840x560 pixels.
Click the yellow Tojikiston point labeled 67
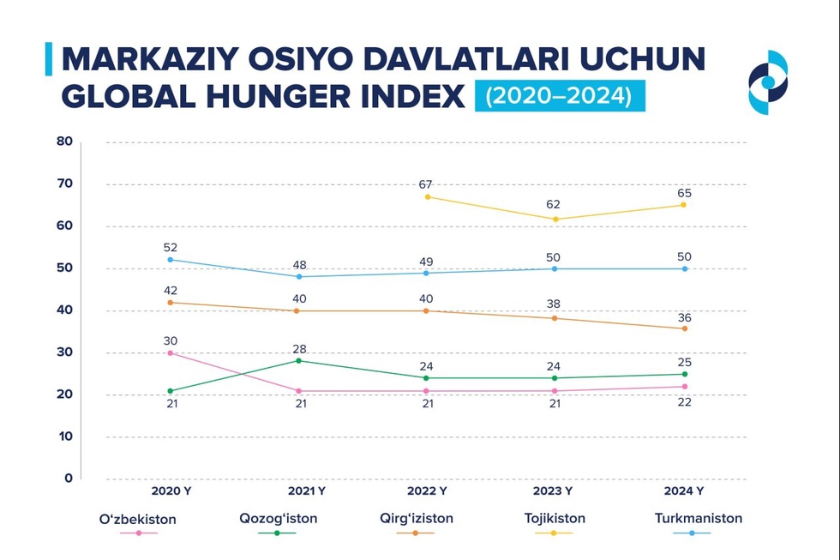[x=427, y=197]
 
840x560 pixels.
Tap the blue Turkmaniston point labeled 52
[x=170, y=259]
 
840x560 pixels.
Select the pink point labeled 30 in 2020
[x=170, y=352]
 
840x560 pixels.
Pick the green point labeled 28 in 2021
[x=298, y=360]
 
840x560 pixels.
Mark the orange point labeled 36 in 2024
[x=684, y=328]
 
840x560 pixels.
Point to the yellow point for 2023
[x=555, y=219]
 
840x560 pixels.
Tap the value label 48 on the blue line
[x=298, y=265]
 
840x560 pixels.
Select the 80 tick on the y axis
[x=64, y=142]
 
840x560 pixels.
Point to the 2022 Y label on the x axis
[x=427, y=491]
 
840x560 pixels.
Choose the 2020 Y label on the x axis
[x=170, y=491]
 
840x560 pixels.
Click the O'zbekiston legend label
[x=138, y=519]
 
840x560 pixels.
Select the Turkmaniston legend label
[x=698, y=518]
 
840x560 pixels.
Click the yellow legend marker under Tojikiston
[x=554, y=533]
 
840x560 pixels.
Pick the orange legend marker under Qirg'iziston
[x=416, y=533]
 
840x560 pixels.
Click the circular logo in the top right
[x=767, y=82]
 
